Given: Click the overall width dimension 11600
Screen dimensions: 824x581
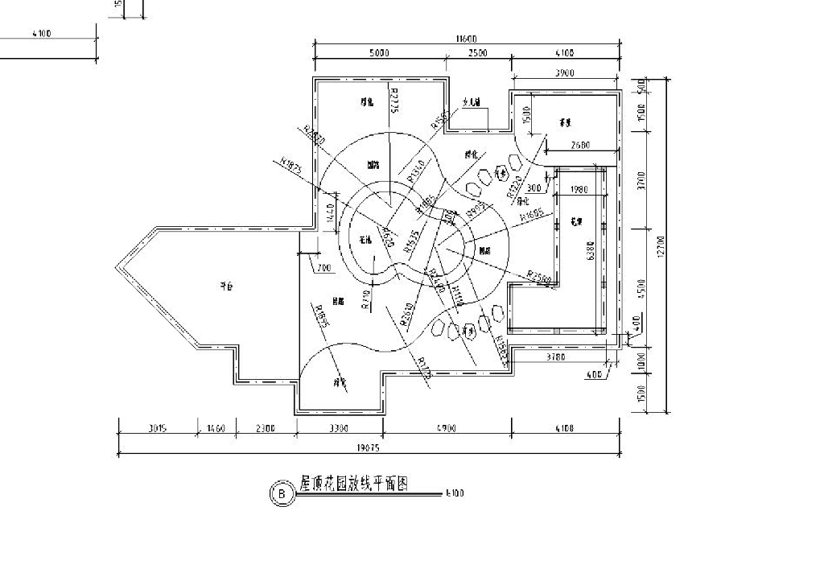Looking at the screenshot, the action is (467, 38).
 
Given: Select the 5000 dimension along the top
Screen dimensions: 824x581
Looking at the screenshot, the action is (380, 53).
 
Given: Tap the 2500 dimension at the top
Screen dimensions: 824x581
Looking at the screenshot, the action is (477, 53).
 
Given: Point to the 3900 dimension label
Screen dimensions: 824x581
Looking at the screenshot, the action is (564, 73).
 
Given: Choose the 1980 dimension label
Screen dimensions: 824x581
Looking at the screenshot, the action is (578, 190).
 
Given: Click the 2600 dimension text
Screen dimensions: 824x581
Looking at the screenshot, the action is (581, 146).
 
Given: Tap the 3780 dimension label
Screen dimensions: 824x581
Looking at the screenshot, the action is (556, 356).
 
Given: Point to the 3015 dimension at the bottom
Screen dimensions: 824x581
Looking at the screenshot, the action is (157, 429).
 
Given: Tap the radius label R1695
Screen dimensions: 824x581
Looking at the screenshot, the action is (533, 217).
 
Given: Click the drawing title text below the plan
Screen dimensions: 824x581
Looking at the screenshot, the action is (354, 484).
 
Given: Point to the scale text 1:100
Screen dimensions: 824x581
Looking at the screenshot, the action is (454, 493).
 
